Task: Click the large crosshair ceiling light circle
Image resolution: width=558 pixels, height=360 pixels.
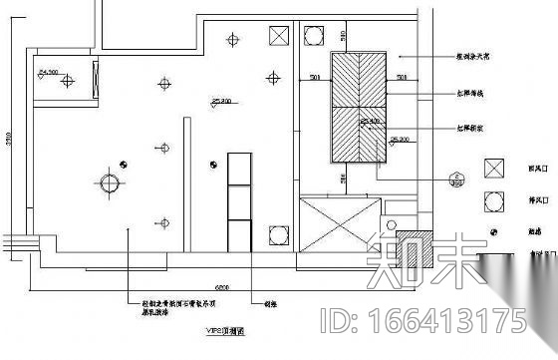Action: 109,183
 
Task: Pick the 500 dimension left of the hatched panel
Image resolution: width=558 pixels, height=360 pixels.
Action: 314,77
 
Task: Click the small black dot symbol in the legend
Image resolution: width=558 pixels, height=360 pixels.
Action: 492,231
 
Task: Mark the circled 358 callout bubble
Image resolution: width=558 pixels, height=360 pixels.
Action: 458,180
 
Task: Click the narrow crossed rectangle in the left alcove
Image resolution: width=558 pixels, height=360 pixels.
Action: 95,80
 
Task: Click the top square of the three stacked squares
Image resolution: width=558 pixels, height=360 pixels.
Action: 239,168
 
